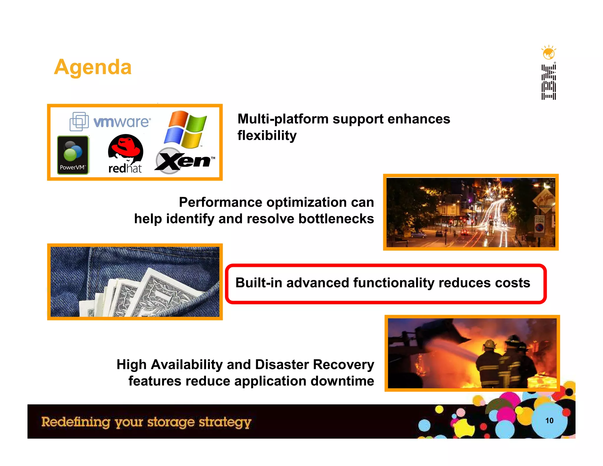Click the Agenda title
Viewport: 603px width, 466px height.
click(93, 67)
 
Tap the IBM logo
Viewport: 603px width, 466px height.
click(549, 82)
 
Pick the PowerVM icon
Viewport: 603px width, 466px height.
click(73, 155)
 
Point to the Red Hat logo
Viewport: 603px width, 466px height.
click(125, 154)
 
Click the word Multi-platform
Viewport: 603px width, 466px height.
click(283, 119)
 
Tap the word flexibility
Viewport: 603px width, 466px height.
click(267, 135)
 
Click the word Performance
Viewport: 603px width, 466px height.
click(221, 202)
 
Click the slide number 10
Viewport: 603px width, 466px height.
click(549, 421)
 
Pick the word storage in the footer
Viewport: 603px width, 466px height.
click(171, 422)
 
